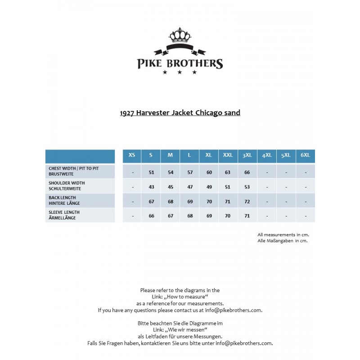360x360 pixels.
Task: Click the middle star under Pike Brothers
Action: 180,72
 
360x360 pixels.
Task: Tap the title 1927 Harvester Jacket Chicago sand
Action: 180,112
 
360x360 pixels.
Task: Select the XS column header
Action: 132,155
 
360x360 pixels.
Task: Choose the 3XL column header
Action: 247,155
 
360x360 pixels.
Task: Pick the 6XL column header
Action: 305,155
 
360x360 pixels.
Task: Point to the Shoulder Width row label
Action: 67,185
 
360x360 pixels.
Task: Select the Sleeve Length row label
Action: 64,215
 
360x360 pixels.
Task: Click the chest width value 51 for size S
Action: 151,172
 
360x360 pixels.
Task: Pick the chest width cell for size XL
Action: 209,172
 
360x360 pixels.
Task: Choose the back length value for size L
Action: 190,202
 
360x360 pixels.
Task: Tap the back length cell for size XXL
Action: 228,202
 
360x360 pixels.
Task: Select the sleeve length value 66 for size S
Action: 151,216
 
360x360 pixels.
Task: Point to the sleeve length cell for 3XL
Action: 247,216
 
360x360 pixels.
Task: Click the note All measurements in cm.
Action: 283,234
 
